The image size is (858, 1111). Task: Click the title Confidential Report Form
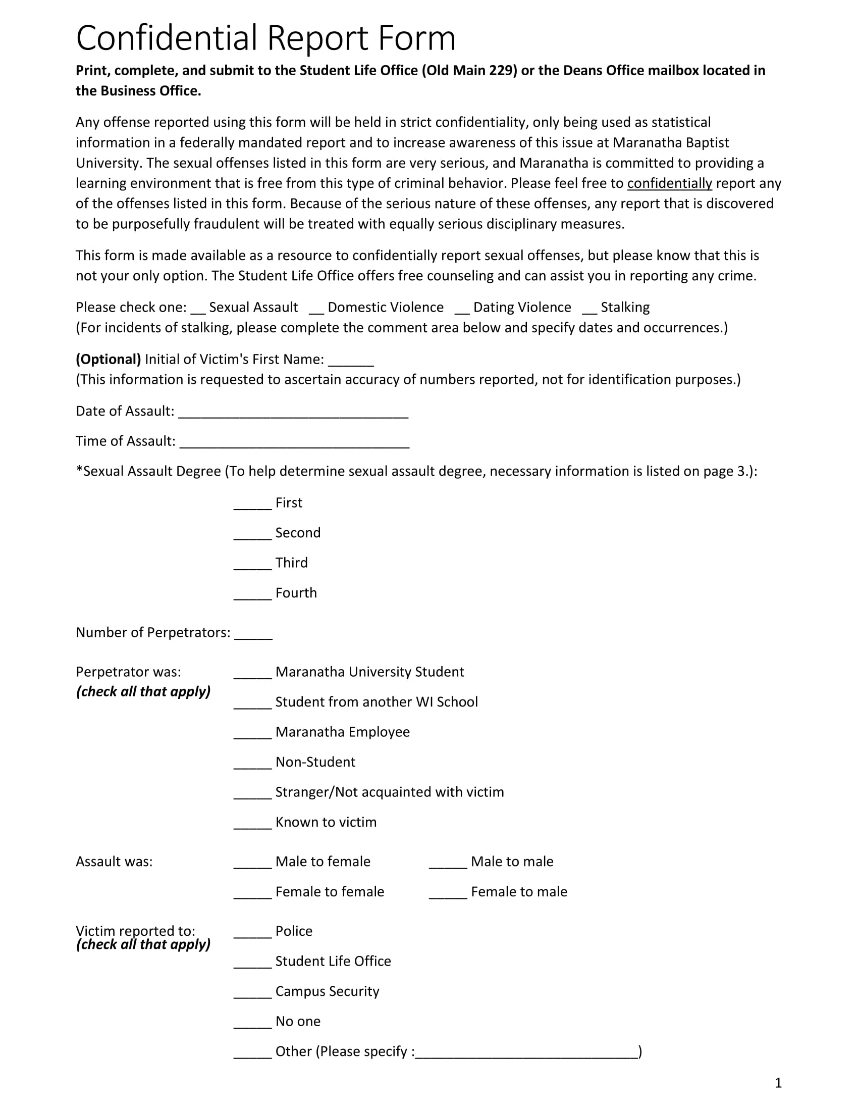coord(265,38)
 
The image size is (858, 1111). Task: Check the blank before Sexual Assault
coord(198,309)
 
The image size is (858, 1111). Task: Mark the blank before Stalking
coord(589,309)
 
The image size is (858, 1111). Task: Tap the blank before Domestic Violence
coord(316,309)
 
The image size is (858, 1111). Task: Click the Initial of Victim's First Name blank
coord(351,361)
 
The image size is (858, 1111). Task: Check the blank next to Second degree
coord(253,535)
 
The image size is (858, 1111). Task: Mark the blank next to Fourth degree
coord(253,595)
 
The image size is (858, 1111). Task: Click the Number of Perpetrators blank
coord(253,634)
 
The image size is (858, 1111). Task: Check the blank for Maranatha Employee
coord(253,734)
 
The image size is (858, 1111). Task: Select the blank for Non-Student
coord(253,764)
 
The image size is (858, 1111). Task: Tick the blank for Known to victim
coord(253,824)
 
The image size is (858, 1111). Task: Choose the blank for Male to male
coord(448,863)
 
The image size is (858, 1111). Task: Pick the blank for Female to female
coord(253,893)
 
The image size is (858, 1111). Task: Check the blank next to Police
coord(253,933)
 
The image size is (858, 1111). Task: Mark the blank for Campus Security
coord(253,993)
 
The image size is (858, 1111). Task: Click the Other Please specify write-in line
coord(526,1053)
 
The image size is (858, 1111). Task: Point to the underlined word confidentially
coord(669,183)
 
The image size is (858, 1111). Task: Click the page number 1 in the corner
coord(778,1083)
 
